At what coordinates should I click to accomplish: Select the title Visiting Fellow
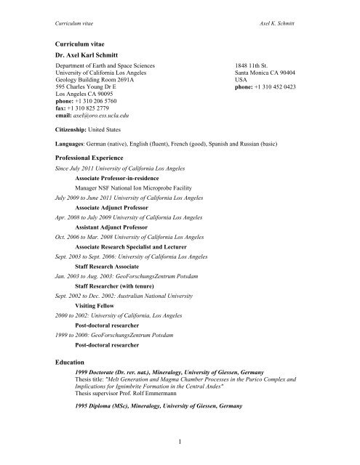(x=100, y=305)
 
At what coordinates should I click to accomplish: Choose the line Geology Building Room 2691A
(x=105, y=81)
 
